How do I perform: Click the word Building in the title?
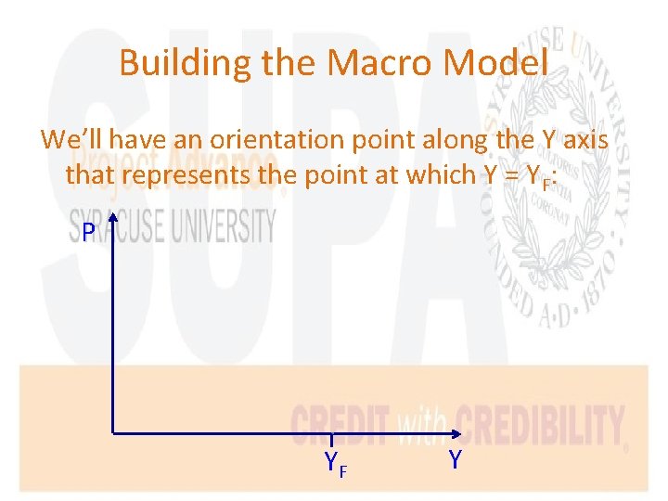[x=172, y=63]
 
